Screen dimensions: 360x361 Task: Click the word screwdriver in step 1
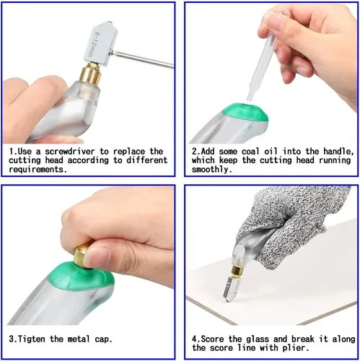click(x=70, y=152)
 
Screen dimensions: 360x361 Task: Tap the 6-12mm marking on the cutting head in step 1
click(x=93, y=45)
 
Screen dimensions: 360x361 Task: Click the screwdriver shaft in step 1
click(x=142, y=58)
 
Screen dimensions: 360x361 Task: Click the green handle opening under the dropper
click(x=245, y=113)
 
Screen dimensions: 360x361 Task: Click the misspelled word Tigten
click(x=31, y=339)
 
